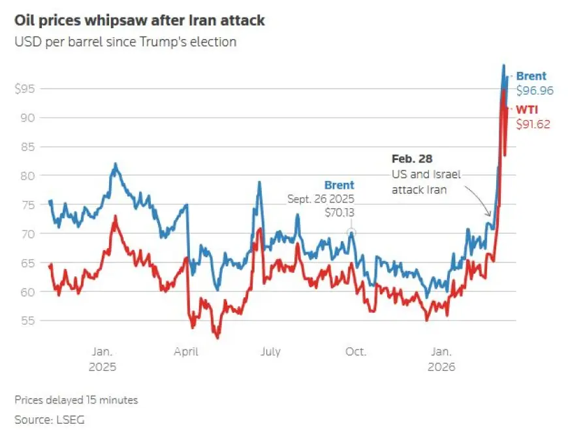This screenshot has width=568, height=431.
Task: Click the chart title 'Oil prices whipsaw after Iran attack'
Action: coord(139,20)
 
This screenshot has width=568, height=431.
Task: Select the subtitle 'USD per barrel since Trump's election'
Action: coord(125,42)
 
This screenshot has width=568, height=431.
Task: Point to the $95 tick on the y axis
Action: coord(27,89)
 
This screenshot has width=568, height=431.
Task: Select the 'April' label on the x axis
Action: coord(186,351)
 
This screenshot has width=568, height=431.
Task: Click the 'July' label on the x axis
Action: coord(270,351)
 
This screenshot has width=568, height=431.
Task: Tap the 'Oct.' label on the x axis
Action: coord(355,351)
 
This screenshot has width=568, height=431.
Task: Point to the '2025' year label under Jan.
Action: coord(102,367)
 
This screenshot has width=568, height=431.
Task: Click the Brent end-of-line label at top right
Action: coord(531,76)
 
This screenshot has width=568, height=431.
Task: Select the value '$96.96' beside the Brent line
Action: coord(535,91)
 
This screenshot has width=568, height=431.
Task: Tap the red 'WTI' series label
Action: coord(527,108)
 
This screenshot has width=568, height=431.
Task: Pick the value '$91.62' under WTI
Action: coord(534,123)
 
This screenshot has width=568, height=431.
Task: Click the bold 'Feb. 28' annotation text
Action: coord(412,159)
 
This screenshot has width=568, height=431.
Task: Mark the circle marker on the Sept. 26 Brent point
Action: coord(351,232)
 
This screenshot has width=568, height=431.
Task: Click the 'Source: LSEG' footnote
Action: coord(50,419)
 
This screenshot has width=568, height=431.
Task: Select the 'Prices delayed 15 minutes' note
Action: coord(76,400)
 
